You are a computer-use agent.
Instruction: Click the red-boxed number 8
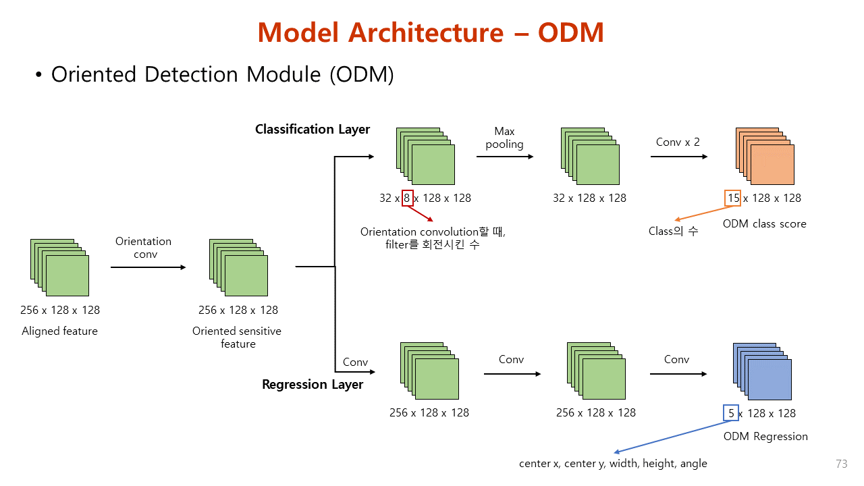pos(407,198)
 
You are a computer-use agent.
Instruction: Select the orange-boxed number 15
pos(733,198)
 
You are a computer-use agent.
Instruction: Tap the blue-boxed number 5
pos(731,413)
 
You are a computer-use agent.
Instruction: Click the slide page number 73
pos(841,464)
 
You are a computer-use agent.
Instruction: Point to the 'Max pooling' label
pos(504,137)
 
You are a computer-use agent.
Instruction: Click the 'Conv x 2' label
pos(678,142)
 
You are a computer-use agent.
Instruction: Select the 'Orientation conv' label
pos(143,248)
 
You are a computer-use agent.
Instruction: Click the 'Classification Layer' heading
pos(313,129)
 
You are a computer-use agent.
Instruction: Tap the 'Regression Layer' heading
pos(313,384)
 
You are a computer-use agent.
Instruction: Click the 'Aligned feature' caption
pos(59,331)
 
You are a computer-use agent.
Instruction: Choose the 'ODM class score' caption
pos(764,223)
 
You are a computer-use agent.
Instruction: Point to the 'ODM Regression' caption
pos(765,436)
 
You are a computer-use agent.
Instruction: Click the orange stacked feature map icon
pos(764,156)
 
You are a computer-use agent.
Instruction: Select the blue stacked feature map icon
pos(762,371)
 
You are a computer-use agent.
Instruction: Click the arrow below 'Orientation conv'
pos(148,267)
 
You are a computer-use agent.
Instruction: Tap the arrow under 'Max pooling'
pos(504,157)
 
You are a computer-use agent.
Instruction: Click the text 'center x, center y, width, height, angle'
pos(613,463)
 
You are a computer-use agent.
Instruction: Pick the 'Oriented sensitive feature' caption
pos(237,337)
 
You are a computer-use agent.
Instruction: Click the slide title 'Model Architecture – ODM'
pos(431,32)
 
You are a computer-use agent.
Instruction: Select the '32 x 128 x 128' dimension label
pos(589,198)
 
